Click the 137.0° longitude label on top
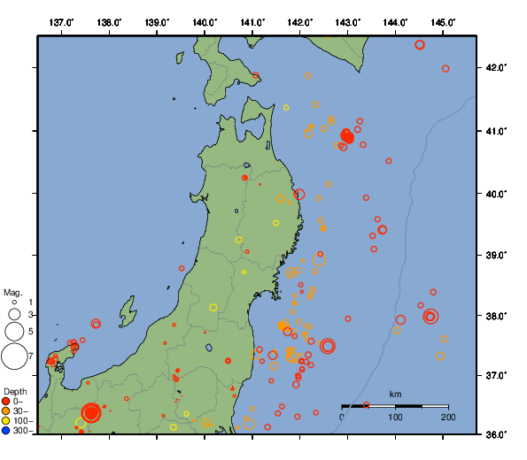point(61,21)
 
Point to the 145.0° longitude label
point(443,21)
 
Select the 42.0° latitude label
point(496,68)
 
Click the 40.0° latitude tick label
point(496,193)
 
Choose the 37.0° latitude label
point(496,376)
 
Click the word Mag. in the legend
point(12,292)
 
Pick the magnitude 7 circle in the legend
point(14,356)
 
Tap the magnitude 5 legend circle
point(14,331)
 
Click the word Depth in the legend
point(15,391)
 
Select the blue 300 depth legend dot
point(6,431)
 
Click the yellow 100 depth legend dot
point(6,421)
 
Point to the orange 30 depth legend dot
point(6,411)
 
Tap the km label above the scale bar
point(395,394)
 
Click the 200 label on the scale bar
point(447,418)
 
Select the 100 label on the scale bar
point(395,418)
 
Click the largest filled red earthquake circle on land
point(91,412)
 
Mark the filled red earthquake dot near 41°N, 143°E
point(347,136)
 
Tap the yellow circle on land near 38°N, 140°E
point(213,307)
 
